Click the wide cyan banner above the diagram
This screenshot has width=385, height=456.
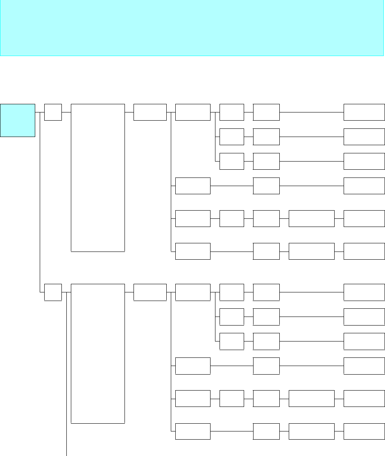point(192,28)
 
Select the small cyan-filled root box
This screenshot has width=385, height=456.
point(18,120)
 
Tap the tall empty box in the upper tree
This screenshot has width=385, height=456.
point(97,177)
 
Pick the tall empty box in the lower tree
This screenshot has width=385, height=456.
point(97,353)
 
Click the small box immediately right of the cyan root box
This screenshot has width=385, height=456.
point(53,112)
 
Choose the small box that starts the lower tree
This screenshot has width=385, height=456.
point(53,292)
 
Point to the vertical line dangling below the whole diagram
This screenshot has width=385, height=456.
point(66,409)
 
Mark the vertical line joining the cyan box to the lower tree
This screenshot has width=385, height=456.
point(40,204)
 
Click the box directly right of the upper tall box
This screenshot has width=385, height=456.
point(150,112)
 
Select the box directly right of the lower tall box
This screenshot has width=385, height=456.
point(150,292)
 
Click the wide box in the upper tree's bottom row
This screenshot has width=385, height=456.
point(311,251)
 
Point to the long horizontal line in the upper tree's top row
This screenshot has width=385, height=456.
point(312,112)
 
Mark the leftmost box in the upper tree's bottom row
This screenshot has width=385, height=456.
point(193,251)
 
